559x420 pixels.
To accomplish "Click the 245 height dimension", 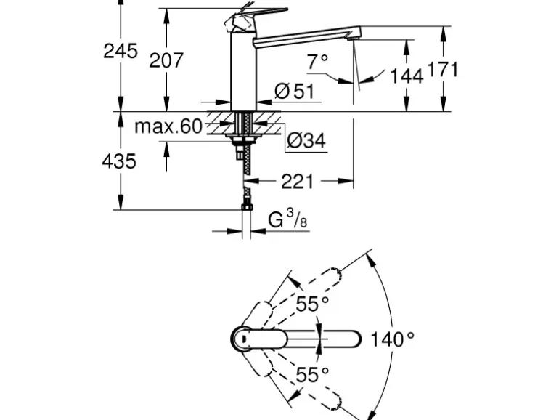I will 120,51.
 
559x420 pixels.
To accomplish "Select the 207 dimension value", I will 166,60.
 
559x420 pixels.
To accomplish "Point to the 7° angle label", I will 317,62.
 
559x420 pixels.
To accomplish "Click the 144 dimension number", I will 406,75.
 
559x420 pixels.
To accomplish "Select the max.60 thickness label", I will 168,126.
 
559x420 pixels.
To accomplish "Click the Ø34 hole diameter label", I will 305,140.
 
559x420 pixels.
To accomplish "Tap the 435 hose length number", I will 118,161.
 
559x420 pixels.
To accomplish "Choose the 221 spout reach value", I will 298,180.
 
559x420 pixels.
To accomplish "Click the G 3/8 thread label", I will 285,219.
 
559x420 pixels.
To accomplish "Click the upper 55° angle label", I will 312,304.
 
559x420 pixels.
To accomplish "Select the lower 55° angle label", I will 312,374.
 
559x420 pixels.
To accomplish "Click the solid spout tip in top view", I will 353,339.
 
